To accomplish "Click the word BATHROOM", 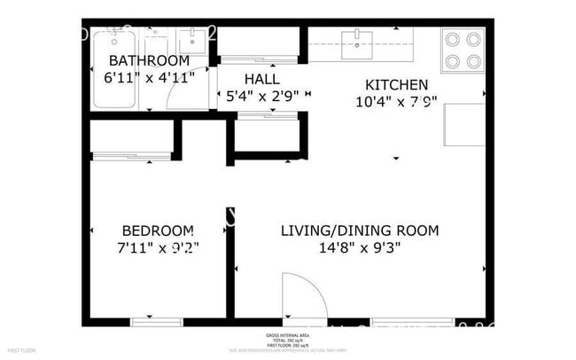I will coord(148,60).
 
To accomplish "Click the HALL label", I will coord(261,78).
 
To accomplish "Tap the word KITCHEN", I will coord(396,85).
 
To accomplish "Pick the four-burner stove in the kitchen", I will coord(463,50).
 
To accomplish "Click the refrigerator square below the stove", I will coord(464,124).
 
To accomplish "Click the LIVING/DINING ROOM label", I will coord(359,231).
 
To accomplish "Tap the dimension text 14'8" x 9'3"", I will coord(360,248).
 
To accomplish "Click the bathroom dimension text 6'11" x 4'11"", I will coord(148,77).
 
